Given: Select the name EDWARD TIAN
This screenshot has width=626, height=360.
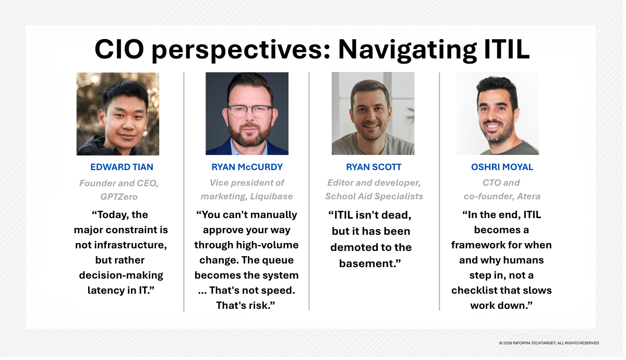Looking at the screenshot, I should point(122,167).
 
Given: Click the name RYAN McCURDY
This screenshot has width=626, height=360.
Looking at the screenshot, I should point(247,167).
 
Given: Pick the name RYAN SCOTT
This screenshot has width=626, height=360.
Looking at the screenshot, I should point(374,167).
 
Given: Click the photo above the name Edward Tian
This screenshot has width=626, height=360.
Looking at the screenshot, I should point(118,114).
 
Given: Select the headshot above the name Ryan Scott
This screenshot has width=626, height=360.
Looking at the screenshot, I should point(373,114).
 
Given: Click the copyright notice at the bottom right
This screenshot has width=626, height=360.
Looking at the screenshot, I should point(549,343).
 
